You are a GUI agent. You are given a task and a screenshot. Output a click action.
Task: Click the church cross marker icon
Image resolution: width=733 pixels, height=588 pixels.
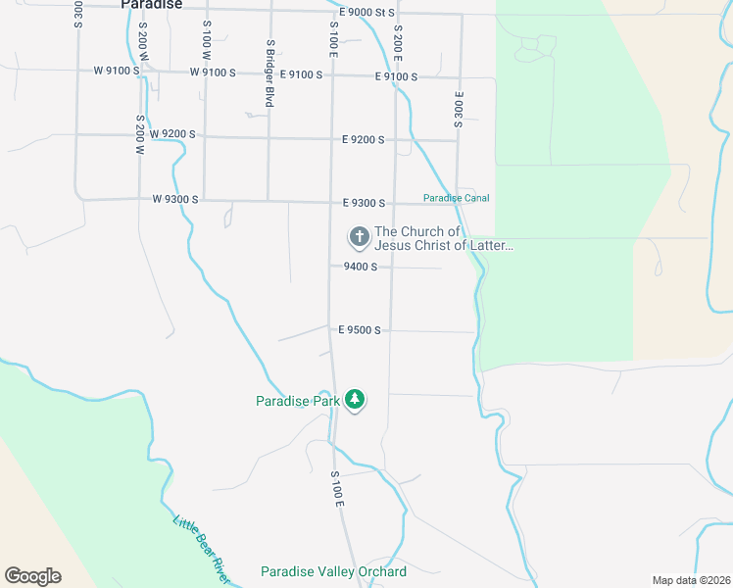[x=359, y=236]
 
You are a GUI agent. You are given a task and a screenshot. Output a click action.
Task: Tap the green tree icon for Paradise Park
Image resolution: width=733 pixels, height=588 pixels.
[x=355, y=399]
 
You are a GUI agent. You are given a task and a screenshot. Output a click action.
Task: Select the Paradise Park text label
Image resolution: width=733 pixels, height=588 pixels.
[x=297, y=401]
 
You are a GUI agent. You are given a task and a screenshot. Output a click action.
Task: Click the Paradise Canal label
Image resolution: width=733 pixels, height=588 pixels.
[x=456, y=198]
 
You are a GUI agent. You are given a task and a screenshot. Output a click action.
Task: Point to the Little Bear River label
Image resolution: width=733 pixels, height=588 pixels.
[x=202, y=550]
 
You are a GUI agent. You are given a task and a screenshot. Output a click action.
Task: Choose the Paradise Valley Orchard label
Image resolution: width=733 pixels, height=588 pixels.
[x=333, y=571]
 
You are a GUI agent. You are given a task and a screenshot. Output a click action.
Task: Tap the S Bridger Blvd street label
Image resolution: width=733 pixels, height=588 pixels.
[x=269, y=73]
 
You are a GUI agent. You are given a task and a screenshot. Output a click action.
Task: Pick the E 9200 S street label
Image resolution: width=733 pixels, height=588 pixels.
[x=364, y=140]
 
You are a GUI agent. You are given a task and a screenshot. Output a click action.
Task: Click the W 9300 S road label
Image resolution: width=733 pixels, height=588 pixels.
[x=175, y=199]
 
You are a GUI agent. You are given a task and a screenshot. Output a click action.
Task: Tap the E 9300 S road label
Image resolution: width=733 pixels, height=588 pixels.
[x=364, y=203]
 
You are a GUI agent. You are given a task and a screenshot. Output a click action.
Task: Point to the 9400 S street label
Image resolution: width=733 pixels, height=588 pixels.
[x=360, y=267]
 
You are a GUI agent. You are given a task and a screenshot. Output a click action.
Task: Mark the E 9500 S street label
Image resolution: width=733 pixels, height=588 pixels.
[x=359, y=330]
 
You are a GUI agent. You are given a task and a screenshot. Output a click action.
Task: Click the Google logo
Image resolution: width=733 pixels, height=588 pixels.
[x=32, y=576]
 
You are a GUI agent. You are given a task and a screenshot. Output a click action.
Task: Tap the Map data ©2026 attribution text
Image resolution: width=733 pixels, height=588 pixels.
[x=690, y=580]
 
